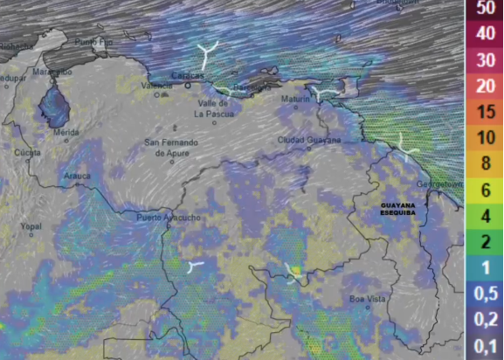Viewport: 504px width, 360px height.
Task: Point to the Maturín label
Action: coord(296,100)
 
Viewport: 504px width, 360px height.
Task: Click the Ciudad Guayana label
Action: coord(309,139)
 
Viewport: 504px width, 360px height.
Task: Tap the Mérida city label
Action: coord(66,132)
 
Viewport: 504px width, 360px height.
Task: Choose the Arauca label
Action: coord(77,176)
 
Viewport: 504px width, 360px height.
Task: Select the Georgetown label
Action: coord(438,185)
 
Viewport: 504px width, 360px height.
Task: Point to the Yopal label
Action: coord(31,225)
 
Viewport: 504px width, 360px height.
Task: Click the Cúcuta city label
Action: coord(26,152)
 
